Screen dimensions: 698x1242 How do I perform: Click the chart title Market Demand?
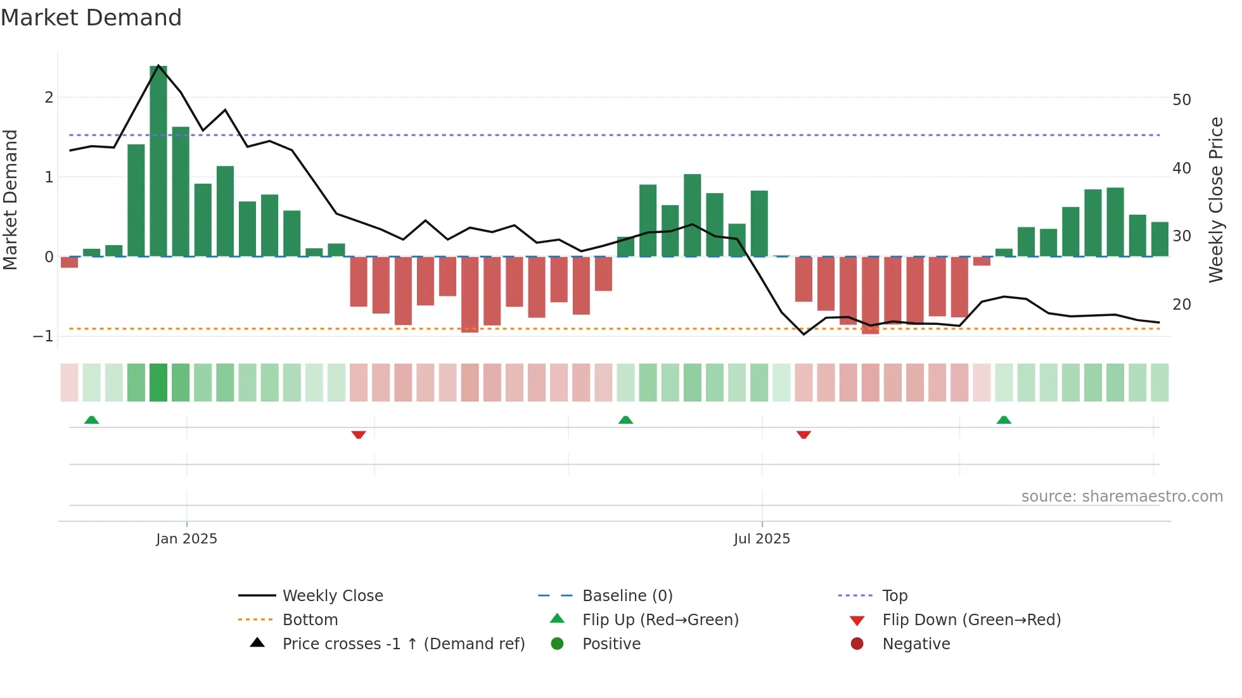click(x=91, y=18)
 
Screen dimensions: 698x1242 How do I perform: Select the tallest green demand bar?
click(x=158, y=162)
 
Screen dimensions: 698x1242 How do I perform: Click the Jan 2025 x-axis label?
click(x=186, y=538)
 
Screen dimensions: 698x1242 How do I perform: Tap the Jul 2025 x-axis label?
click(x=762, y=538)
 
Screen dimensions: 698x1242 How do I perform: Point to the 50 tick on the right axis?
click(x=1181, y=100)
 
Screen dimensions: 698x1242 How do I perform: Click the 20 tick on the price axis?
click(x=1181, y=305)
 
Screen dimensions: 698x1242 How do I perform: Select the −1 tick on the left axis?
click(x=43, y=336)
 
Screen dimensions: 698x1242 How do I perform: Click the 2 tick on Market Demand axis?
click(x=49, y=98)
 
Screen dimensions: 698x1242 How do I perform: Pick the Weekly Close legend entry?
click(x=332, y=595)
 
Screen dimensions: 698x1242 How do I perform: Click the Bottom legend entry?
click(x=310, y=619)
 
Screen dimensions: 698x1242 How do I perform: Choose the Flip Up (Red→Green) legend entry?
click(x=660, y=619)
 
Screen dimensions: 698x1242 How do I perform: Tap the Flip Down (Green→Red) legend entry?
click(x=971, y=619)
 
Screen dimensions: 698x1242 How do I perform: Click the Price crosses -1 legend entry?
click(x=403, y=644)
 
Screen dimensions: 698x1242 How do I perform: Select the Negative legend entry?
click(x=916, y=644)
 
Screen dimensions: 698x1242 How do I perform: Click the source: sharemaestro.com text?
click(x=1122, y=496)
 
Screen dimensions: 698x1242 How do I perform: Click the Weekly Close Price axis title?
click(x=1215, y=200)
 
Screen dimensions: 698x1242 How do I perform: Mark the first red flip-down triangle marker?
click(x=359, y=435)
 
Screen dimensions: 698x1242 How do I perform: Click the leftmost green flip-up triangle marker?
click(x=92, y=420)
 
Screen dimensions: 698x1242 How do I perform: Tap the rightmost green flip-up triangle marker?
click(x=1004, y=420)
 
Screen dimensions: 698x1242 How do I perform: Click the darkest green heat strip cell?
click(x=158, y=383)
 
